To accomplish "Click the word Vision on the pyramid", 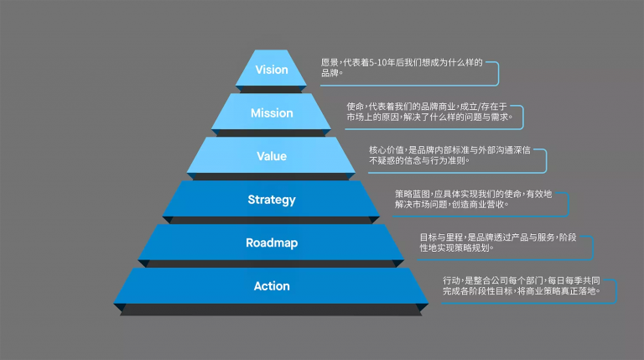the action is pyautogui.click(x=272, y=70).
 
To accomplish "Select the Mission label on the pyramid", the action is pyautogui.click(x=272, y=113).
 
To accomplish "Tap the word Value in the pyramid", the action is pyautogui.click(x=272, y=156).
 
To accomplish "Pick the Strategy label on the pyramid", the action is pyautogui.click(x=272, y=200).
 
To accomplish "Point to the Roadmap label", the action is pyautogui.click(x=272, y=243).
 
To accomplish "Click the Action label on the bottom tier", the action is pyautogui.click(x=272, y=286).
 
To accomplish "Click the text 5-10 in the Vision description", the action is pyautogui.click(x=378, y=62).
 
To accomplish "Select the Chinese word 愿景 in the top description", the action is pyautogui.click(x=330, y=62).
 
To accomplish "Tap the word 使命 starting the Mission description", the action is pyautogui.click(x=355, y=107).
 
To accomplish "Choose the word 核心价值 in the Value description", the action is pyautogui.click(x=386, y=150).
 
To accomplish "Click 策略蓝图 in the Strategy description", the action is pyautogui.click(x=413, y=194).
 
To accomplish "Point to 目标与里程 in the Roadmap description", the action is pyautogui.click(x=441, y=237).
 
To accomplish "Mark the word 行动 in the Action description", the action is pyautogui.click(x=451, y=280).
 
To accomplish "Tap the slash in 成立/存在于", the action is pyautogui.click(x=479, y=107).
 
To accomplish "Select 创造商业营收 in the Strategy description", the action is pyautogui.click(x=478, y=204).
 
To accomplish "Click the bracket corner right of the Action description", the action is pyautogui.click(x=616, y=280).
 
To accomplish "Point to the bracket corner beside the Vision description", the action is pyautogui.click(x=498, y=63).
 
